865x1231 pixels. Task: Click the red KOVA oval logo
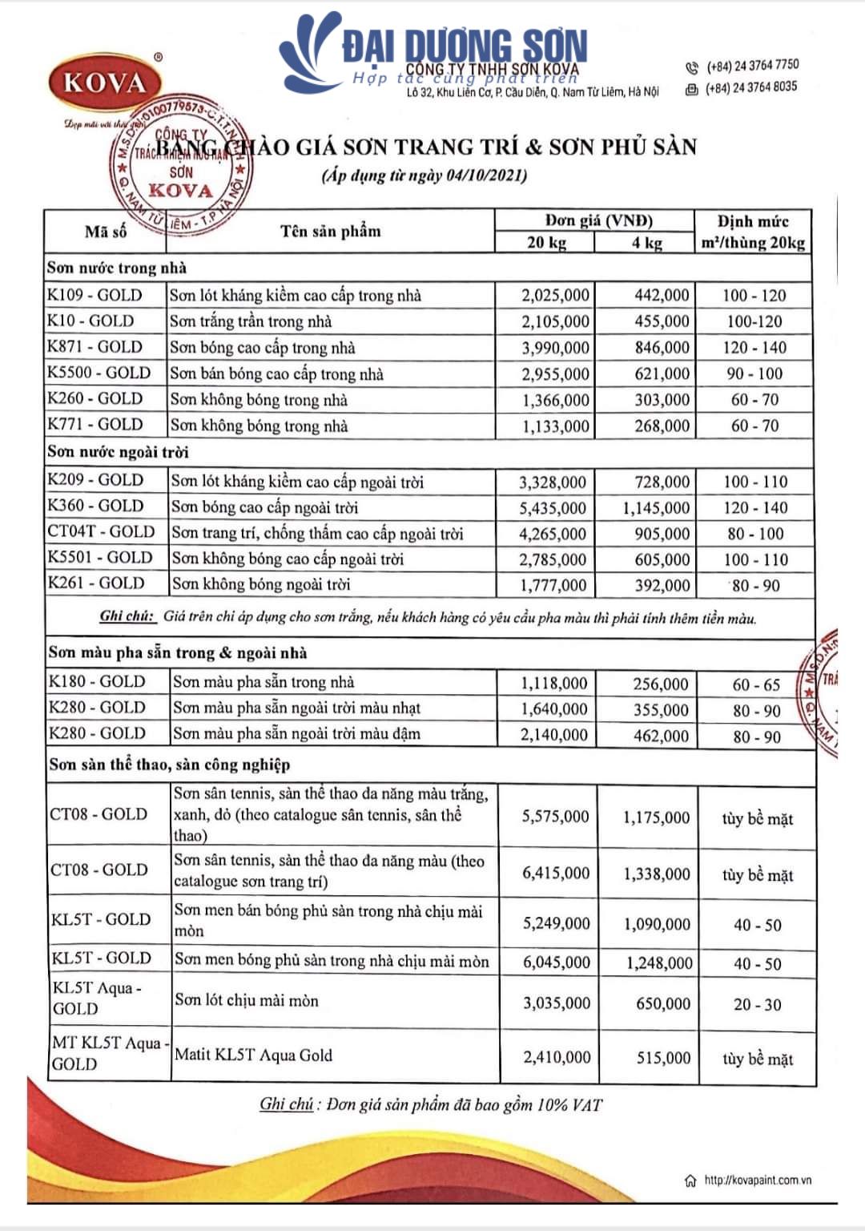tap(105, 83)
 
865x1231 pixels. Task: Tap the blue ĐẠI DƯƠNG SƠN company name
tap(465, 46)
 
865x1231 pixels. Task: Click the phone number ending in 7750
tap(752, 66)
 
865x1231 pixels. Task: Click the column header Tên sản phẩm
tap(330, 232)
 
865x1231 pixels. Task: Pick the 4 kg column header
tap(646, 243)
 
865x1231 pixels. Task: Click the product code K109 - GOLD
tap(95, 295)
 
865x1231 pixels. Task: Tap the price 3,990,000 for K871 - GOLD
tap(555, 348)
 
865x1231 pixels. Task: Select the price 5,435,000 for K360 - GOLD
tap(553, 508)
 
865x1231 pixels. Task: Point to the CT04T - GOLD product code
tap(101, 531)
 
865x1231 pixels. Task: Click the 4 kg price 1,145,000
tap(656, 508)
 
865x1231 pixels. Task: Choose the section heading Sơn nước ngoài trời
tap(118, 452)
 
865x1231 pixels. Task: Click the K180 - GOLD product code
tap(97, 682)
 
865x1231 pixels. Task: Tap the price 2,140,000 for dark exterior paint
tap(553, 735)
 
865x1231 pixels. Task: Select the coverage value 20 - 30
tap(757, 1004)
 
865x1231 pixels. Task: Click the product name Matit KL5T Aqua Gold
tap(253, 1055)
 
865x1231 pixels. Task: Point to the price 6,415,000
tap(556, 873)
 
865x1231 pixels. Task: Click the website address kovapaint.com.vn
tap(757, 1180)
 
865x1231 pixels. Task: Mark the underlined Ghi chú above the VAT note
tap(286, 1104)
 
